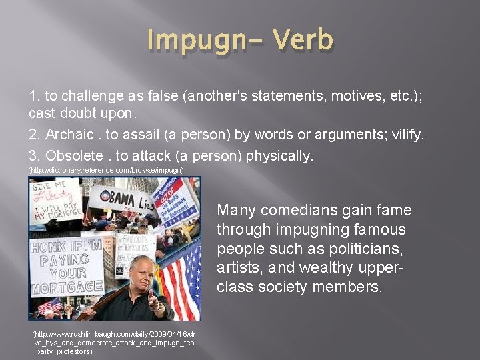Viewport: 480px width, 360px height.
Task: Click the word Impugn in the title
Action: (x=195, y=40)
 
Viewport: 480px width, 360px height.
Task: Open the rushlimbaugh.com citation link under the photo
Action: (x=113, y=341)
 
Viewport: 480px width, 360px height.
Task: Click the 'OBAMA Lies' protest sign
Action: (x=123, y=198)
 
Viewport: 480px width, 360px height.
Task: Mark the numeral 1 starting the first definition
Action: (x=33, y=96)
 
